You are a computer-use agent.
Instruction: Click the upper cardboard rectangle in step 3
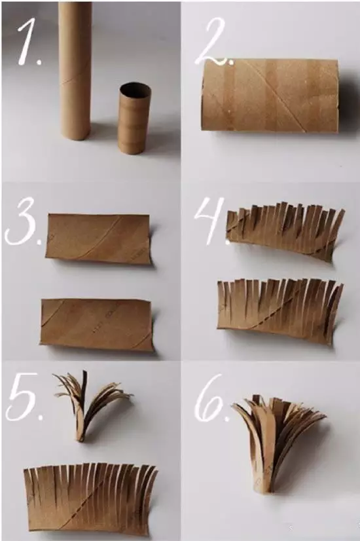[x=98, y=239]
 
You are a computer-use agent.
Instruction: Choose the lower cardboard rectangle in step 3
[x=97, y=325]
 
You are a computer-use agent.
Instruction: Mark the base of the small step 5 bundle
[x=81, y=435]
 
